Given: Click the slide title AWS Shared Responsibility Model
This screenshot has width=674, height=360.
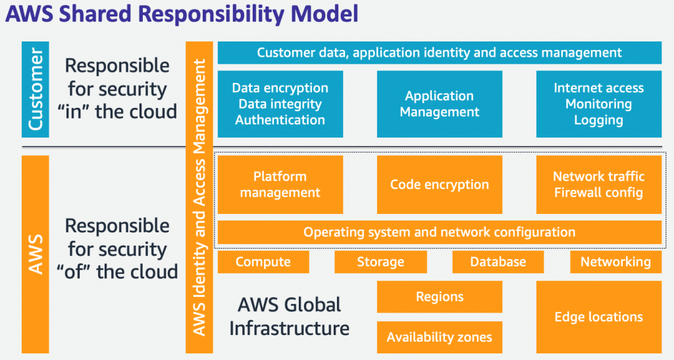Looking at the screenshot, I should pyautogui.click(x=182, y=14).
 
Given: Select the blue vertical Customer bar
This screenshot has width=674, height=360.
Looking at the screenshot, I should pyautogui.click(x=36, y=90).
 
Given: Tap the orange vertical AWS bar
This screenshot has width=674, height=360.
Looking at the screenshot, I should pyautogui.click(x=36, y=254).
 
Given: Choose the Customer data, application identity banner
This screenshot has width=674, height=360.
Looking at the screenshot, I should pyautogui.click(x=439, y=53).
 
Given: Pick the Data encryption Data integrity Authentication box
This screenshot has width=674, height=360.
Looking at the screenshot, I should pyautogui.click(x=280, y=104).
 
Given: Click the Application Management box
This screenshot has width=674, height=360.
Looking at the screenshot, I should pyautogui.click(x=439, y=104).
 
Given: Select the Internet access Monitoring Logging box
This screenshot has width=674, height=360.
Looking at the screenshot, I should pyautogui.click(x=598, y=104).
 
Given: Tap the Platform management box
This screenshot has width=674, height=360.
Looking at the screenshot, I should pyautogui.click(x=280, y=185).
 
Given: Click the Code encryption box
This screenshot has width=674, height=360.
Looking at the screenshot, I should pyautogui.click(x=439, y=185).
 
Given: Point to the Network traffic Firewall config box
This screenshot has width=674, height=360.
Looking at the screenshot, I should pyautogui.click(x=598, y=185).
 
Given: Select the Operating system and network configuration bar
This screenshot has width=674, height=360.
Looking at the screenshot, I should pyautogui.click(x=439, y=232).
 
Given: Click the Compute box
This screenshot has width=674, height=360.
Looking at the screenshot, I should pyautogui.click(x=263, y=262).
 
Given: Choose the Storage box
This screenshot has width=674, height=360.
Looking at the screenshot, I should pyautogui.click(x=380, y=262).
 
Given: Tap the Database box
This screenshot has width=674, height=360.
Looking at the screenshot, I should pyautogui.click(x=498, y=262).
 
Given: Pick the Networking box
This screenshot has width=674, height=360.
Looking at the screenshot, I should pyautogui.click(x=615, y=262).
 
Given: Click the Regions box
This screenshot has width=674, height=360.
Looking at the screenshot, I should pyautogui.click(x=439, y=297).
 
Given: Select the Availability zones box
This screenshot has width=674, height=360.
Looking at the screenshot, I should pyautogui.click(x=439, y=338).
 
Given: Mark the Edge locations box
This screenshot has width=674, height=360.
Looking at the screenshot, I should pyautogui.click(x=598, y=317).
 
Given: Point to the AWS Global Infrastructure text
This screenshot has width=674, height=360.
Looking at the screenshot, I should pyautogui.click(x=289, y=316).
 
